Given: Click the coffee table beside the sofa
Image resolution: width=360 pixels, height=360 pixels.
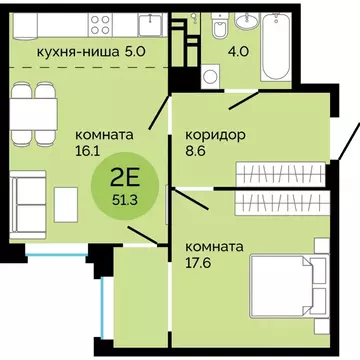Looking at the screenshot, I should (66, 204).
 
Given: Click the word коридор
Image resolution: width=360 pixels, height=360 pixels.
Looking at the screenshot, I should (217, 134).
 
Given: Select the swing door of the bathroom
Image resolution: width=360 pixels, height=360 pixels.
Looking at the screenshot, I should (250, 98).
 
